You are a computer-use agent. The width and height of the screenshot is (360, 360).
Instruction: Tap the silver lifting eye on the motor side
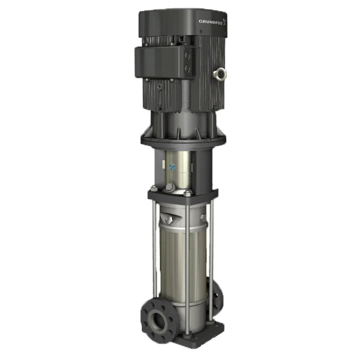click(220, 74)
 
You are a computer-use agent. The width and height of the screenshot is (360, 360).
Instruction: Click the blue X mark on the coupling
click(173, 167)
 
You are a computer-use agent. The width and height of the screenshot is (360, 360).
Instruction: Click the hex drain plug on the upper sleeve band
click(169, 220)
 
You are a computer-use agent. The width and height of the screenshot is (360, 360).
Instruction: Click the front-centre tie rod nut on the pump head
click(187, 193)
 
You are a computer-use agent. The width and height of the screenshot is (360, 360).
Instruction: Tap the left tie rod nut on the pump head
click(154, 190)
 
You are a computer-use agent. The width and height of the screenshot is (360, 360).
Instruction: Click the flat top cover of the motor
click(180, 17)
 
